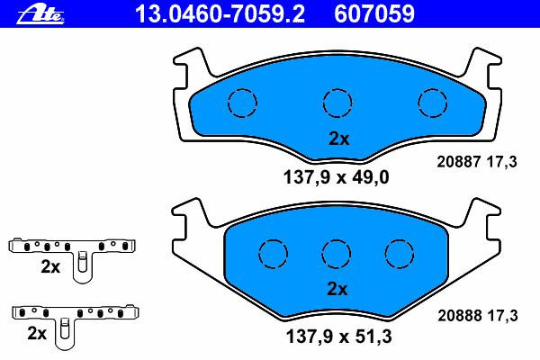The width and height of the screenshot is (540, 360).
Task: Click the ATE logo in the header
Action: click(40, 14)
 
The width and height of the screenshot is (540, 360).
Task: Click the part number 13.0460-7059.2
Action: click(220, 13)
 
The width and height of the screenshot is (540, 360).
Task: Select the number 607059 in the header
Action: click(374, 13)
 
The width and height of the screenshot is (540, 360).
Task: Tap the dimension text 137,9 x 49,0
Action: click(336, 177)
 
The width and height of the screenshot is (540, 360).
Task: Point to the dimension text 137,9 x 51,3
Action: click(339, 336)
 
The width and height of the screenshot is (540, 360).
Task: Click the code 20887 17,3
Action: click(477, 162)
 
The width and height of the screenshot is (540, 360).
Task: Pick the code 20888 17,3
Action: click(478, 315)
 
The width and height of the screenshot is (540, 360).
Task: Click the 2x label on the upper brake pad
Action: click(339, 139)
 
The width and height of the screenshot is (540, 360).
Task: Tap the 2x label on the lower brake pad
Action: click(337, 289)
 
